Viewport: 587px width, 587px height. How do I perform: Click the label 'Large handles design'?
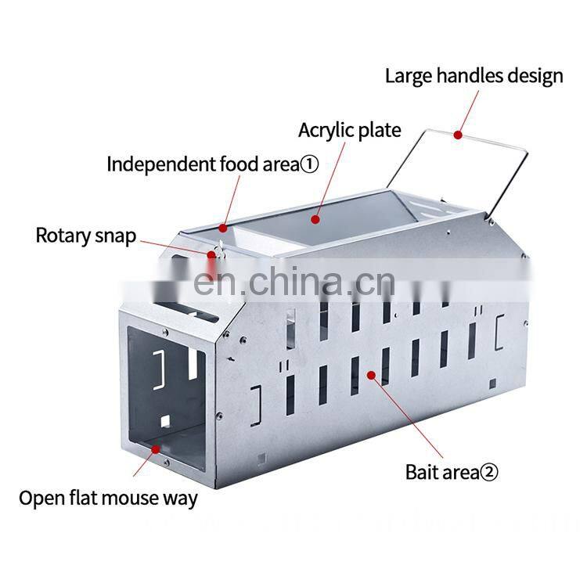[x=474, y=76]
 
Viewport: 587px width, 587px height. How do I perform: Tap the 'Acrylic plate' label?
[x=349, y=129]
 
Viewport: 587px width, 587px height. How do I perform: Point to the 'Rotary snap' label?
[x=86, y=236]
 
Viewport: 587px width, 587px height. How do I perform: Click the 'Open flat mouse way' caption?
[x=108, y=498]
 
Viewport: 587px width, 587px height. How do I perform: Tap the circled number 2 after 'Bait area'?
[x=488, y=472]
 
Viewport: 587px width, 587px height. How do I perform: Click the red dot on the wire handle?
[x=456, y=135]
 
